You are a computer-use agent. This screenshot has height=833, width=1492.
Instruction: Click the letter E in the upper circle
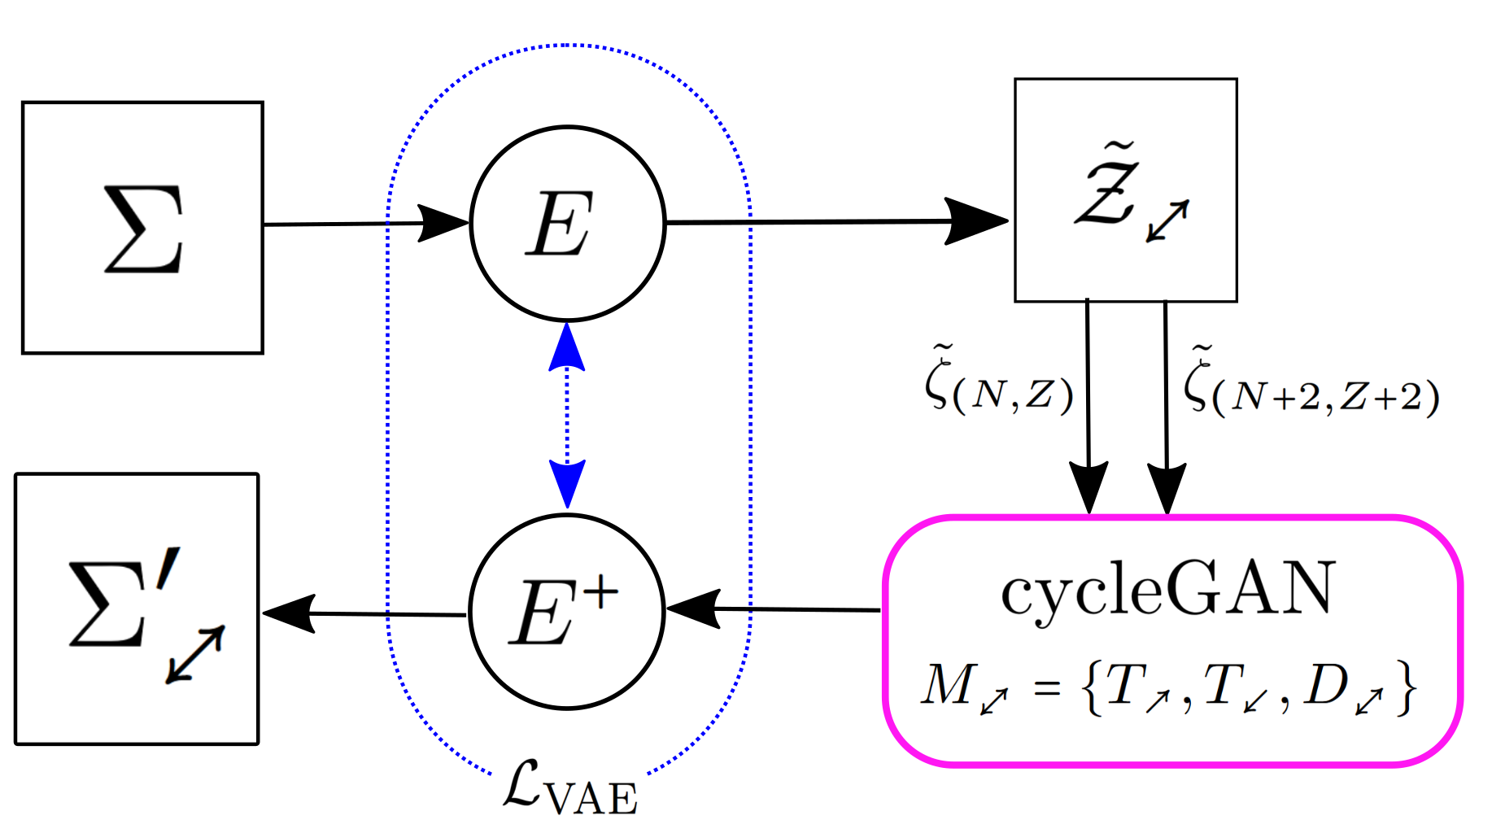(559, 225)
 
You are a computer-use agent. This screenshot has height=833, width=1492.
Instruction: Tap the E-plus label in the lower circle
(561, 611)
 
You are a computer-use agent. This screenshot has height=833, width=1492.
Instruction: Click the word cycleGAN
(1168, 588)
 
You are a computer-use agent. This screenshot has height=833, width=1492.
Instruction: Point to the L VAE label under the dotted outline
(569, 789)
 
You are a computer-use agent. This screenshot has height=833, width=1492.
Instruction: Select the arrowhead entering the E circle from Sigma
(443, 222)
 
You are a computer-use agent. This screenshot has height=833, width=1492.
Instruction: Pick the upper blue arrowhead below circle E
(567, 348)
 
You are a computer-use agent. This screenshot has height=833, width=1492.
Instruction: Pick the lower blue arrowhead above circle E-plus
(567, 483)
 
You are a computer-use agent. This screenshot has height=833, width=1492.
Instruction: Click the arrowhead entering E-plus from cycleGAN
(693, 608)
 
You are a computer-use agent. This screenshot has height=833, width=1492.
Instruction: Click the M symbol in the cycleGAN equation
(947, 686)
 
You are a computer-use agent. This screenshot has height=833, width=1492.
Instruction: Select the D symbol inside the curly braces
(1326, 686)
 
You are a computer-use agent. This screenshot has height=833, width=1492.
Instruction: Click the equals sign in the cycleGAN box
(1047, 689)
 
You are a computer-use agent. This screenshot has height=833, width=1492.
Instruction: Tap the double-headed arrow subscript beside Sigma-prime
(195, 655)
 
